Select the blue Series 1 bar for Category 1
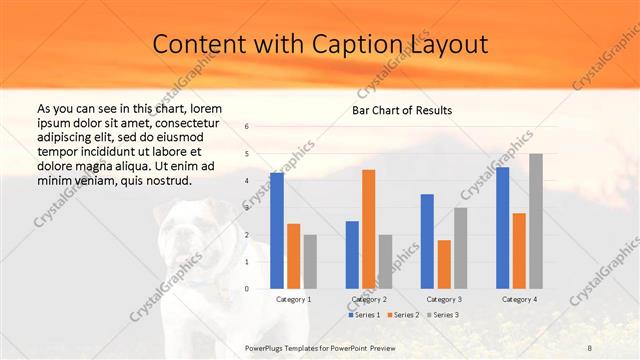(277, 231)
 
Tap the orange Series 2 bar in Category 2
(368, 229)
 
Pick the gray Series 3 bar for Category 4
(536, 221)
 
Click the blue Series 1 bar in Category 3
(427, 241)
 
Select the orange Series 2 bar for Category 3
(444, 264)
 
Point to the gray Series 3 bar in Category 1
(310, 262)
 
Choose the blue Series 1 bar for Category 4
(502, 228)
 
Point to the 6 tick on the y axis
(247, 127)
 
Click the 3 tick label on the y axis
(247, 208)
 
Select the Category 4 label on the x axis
(519, 299)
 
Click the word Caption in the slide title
(359, 45)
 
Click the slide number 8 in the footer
(590, 346)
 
